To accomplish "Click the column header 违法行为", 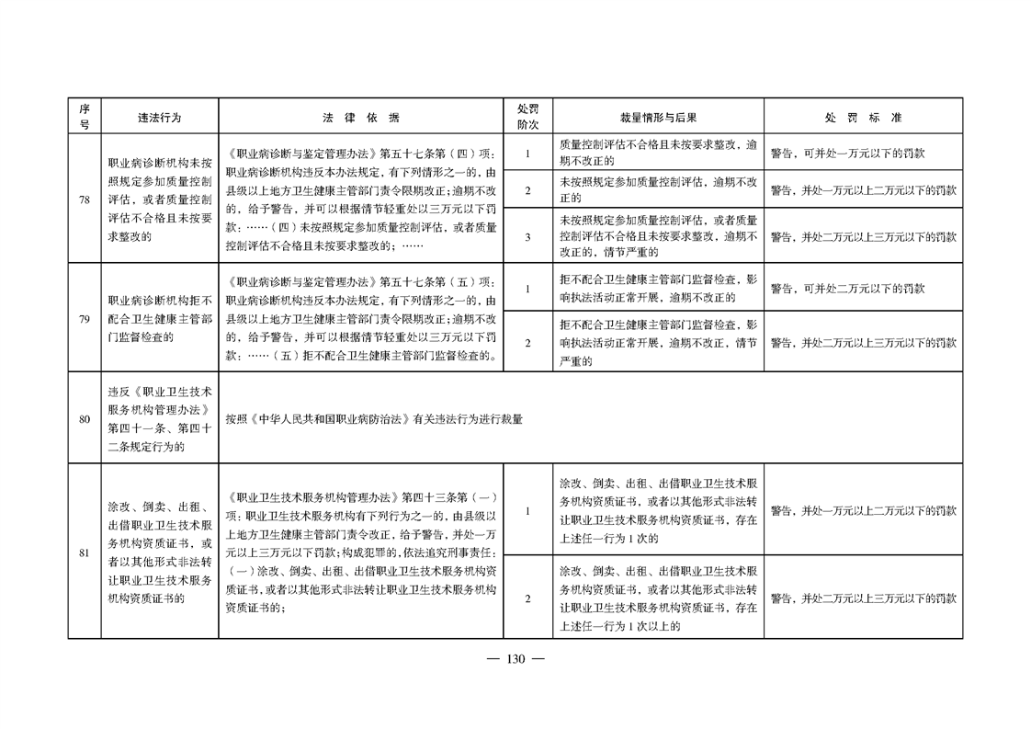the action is click(x=159, y=118).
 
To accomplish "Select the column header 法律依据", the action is click(x=361, y=118).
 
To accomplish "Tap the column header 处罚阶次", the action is click(x=527, y=117).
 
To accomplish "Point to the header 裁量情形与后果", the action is click(x=658, y=118).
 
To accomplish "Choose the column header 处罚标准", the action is click(x=864, y=118).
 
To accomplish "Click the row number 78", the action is click(x=85, y=199).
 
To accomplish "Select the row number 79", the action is click(x=85, y=319).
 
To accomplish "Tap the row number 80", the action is click(x=85, y=419).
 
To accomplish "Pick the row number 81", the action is click(x=85, y=552).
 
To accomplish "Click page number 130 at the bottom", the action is click(x=515, y=658).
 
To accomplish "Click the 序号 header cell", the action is click(x=85, y=117).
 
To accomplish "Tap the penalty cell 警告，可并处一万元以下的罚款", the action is click(x=847, y=154).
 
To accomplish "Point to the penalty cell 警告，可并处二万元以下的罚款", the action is click(x=847, y=288).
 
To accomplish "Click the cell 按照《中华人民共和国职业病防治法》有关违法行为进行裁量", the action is click(x=374, y=419).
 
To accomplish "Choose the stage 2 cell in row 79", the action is click(x=527, y=343).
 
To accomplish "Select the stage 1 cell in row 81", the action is click(x=527, y=511).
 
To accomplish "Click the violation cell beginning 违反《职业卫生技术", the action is click(x=160, y=419).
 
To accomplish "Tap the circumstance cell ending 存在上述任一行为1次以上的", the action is click(x=658, y=598).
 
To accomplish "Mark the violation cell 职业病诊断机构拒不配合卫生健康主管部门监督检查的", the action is click(x=160, y=319).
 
